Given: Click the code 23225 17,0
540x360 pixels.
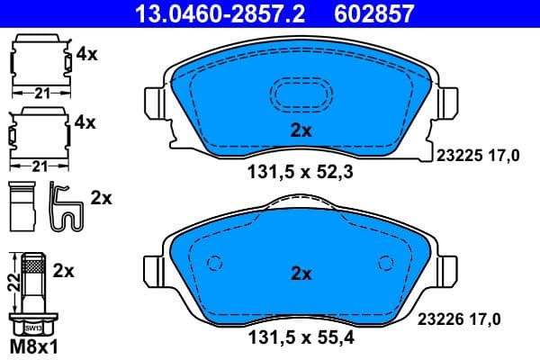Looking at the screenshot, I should click(478, 156).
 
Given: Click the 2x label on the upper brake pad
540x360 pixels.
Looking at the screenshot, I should click(300, 130).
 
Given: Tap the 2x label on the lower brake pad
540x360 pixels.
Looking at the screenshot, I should click(300, 274).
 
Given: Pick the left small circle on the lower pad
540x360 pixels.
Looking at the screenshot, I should click(214, 264).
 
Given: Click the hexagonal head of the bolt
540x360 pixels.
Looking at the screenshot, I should click(34, 328).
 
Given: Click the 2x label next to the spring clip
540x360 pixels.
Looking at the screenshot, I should click(101, 198).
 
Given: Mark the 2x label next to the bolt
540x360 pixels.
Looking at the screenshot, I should click(65, 269).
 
